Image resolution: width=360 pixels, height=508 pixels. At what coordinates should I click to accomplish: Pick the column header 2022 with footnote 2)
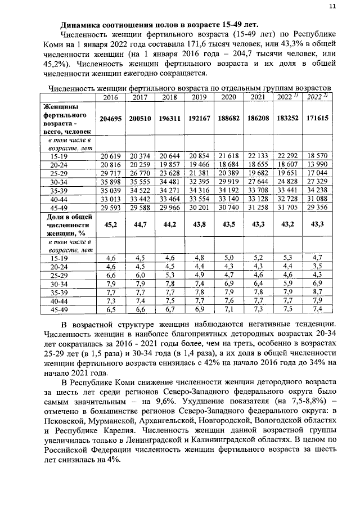click(317, 97)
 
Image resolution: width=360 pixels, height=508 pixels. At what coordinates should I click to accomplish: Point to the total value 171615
click(317, 119)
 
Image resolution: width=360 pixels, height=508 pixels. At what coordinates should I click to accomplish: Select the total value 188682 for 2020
click(228, 119)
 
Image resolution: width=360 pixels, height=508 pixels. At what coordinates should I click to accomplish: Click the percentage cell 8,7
click(317, 292)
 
